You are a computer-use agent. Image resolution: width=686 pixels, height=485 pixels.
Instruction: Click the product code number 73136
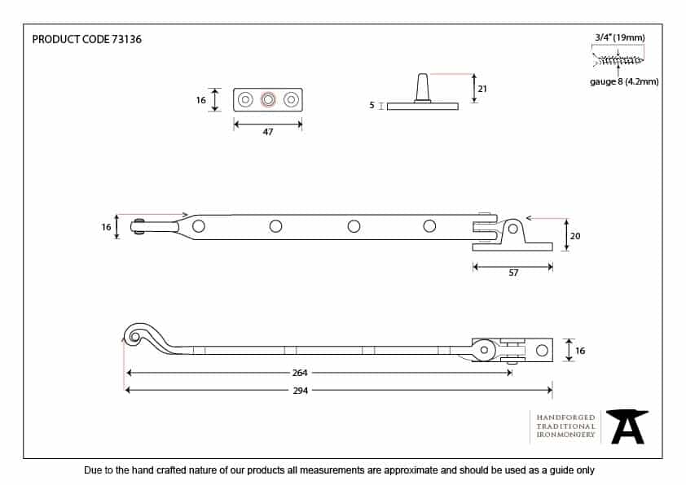[x=126, y=39]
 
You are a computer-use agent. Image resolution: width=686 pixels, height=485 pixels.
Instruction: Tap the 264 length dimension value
[x=300, y=373]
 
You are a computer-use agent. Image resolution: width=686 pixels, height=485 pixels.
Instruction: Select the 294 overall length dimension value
[x=300, y=391]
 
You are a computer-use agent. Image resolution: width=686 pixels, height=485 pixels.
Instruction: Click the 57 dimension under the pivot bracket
[x=513, y=273]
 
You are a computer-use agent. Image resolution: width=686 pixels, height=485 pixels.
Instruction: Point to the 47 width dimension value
[x=268, y=132]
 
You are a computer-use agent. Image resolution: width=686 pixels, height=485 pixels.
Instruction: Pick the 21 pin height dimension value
[x=482, y=89]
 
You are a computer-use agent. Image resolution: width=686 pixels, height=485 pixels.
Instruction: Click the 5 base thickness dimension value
[x=372, y=105]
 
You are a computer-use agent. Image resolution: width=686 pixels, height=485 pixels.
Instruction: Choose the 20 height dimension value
[x=575, y=236]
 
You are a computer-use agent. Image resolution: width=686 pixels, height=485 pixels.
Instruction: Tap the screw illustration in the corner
[x=618, y=60]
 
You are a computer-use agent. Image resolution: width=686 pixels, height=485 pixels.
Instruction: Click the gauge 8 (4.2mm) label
[x=624, y=81]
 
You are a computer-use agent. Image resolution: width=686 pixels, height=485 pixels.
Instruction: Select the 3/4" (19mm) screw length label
[x=620, y=37]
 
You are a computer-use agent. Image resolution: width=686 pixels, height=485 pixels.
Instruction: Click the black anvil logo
[x=627, y=427]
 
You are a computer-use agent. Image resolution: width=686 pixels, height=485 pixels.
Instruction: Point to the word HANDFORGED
[x=565, y=417]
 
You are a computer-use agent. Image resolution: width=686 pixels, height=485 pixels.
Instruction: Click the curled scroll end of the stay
[x=137, y=334]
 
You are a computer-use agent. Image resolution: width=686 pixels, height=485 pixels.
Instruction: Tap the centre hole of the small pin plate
[x=268, y=99]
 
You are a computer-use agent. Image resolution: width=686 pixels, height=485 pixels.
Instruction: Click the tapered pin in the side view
[x=423, y=88]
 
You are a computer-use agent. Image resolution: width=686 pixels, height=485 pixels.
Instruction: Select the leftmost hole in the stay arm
[x=199, y=226]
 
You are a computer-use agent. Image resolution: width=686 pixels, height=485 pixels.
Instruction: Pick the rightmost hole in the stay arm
[x=429, y=226]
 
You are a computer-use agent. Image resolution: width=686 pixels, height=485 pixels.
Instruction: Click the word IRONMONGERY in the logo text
[x=565, y=435]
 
